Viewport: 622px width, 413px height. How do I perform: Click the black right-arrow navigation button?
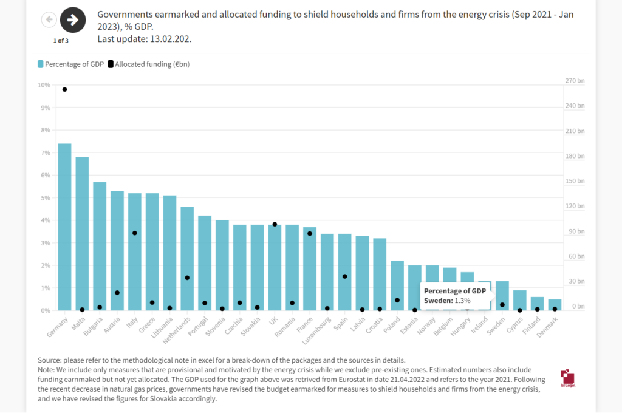pos(73,20)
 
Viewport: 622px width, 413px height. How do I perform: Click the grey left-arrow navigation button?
pos(49,20)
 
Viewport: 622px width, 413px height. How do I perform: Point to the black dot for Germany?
pos(64,89)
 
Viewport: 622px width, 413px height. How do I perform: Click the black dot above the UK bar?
pos(275,224)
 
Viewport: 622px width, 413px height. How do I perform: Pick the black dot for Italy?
pos(134,233)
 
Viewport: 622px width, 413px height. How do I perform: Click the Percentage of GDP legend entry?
pos(71,64)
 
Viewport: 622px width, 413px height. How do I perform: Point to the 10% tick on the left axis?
pos(44,85)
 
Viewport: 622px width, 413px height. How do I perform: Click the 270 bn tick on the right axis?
pos(575,81)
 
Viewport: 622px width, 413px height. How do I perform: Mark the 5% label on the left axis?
pos(45,198)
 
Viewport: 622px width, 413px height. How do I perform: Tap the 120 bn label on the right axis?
pos(575,206)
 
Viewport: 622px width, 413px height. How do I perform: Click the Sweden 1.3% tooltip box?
pos(455,296)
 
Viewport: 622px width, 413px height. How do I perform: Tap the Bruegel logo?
pos(567,377)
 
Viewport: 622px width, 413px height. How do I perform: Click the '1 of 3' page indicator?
pos(61,41)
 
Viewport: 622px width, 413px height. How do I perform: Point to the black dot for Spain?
pos(344,276)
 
